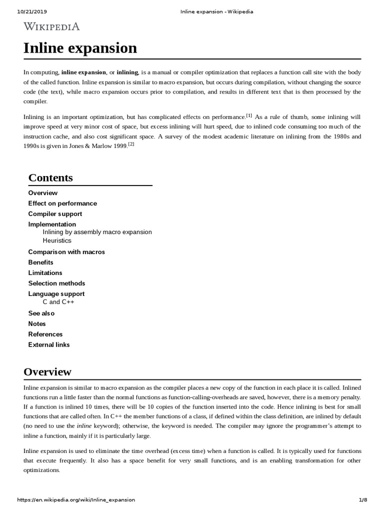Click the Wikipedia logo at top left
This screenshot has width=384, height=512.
click(51, 26)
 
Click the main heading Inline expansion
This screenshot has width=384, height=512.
click(80, 48)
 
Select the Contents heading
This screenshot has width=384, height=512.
click(50, 177)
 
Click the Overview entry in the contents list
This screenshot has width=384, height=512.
click(43, 193)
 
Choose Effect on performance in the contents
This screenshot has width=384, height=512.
click(62, 203)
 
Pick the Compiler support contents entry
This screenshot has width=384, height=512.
click(55, 214)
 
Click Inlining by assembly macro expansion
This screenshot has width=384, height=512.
click(97, 232)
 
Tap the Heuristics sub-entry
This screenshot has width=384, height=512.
click(57, 240)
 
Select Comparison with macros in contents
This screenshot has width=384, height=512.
click(66, 252)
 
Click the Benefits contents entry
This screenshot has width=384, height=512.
click(40, 262)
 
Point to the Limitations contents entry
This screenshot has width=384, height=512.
click(45, 273)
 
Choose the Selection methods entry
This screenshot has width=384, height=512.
click(56, 283)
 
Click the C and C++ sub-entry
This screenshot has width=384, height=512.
click(58, 302)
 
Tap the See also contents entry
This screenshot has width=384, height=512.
click(41, 313)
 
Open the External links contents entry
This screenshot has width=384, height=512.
click(49, 345)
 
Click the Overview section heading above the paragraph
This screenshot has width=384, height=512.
click(47, 372)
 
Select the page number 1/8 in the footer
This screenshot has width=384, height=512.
click(363, 500)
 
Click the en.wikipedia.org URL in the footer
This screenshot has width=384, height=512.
click(76, 500)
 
